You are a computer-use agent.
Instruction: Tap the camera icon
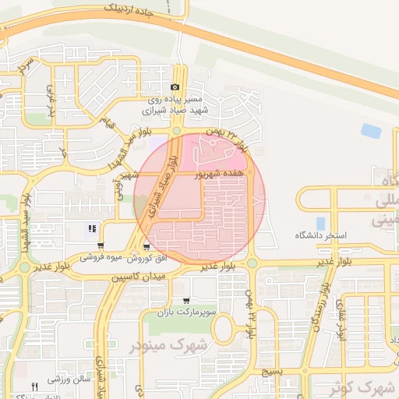pyautogui.click(x=175, y=87)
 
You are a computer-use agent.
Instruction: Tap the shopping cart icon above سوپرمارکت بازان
pyautogui.click(x=185, y=301)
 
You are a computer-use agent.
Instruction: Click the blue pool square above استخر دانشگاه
pyautogui.click(x=320, y=224)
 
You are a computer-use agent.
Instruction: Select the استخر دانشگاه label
pyautogui.click(x=320, y=235)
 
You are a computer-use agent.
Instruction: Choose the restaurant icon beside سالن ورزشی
pyautogui.click(x=34, y=387)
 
